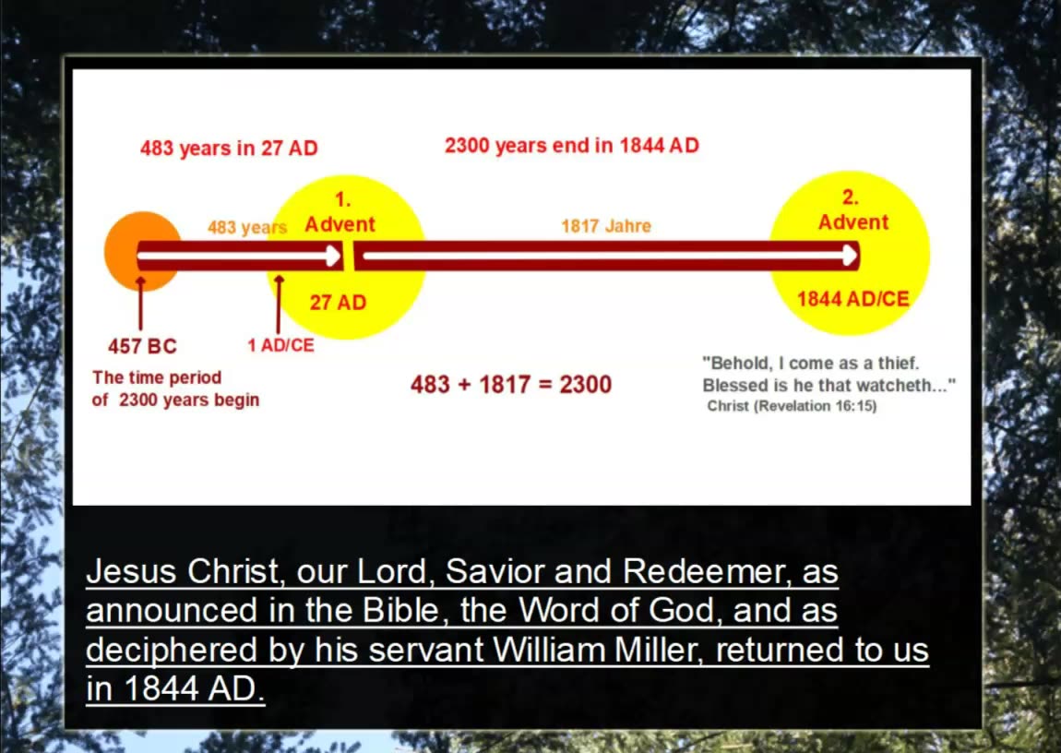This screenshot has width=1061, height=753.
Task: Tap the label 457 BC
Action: (x=142, y=346)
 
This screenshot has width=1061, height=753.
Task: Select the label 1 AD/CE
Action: (x=280, y=345)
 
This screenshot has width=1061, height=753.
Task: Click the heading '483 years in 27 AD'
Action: (x=229, y=148)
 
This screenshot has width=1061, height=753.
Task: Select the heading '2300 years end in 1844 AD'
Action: (x=571, y=146)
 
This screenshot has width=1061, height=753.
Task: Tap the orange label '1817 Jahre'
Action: (x=605, y=225)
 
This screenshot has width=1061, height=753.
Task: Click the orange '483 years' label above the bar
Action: (x=246, y=227)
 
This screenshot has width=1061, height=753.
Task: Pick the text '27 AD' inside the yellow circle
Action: (x=338, y=302)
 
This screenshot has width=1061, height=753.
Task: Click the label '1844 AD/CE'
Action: (x=852, y=299)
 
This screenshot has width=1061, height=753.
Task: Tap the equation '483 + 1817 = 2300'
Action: (x=510, y=384)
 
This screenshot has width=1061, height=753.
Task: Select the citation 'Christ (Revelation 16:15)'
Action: (x=792, y=406)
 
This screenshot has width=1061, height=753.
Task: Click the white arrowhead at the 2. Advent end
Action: (x=849, y=256)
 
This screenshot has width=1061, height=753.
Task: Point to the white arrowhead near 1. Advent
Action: (x=333, y=256)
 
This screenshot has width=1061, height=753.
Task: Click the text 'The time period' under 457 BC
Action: (x=157, y=377)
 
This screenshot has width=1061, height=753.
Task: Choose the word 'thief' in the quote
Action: (x=889, y=364)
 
